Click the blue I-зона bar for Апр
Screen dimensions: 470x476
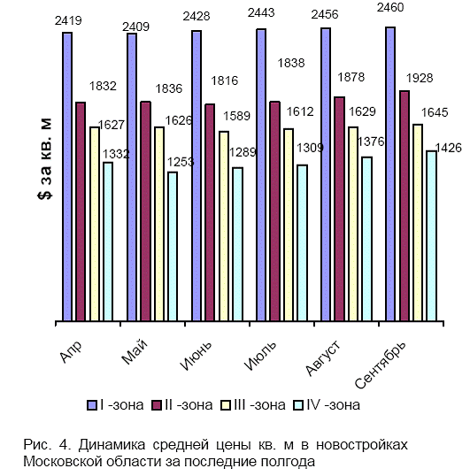[67, 176]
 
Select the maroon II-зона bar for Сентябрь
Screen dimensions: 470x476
[405, 205]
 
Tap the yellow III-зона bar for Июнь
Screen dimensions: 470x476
[224, 226]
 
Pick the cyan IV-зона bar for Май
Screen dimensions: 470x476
[173, 246]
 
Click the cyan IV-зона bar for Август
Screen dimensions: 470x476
[367, 239]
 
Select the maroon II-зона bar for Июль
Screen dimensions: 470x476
[275, 211]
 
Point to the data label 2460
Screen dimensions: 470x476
[390, 7]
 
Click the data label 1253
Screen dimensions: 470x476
[181, 162]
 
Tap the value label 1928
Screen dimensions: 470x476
[420, 79]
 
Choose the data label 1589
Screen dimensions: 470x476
[236, 116]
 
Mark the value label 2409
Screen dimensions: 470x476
[135, 27]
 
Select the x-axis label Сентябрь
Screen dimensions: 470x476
[380, 365]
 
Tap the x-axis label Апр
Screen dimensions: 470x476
[71, 351]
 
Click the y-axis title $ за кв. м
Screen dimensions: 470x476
[45, 158]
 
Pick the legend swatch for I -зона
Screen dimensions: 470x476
[92, 405]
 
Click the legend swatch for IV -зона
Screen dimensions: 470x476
[298, 405]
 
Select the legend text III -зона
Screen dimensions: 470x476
[259, 405]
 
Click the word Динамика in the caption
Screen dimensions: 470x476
[112, 445]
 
